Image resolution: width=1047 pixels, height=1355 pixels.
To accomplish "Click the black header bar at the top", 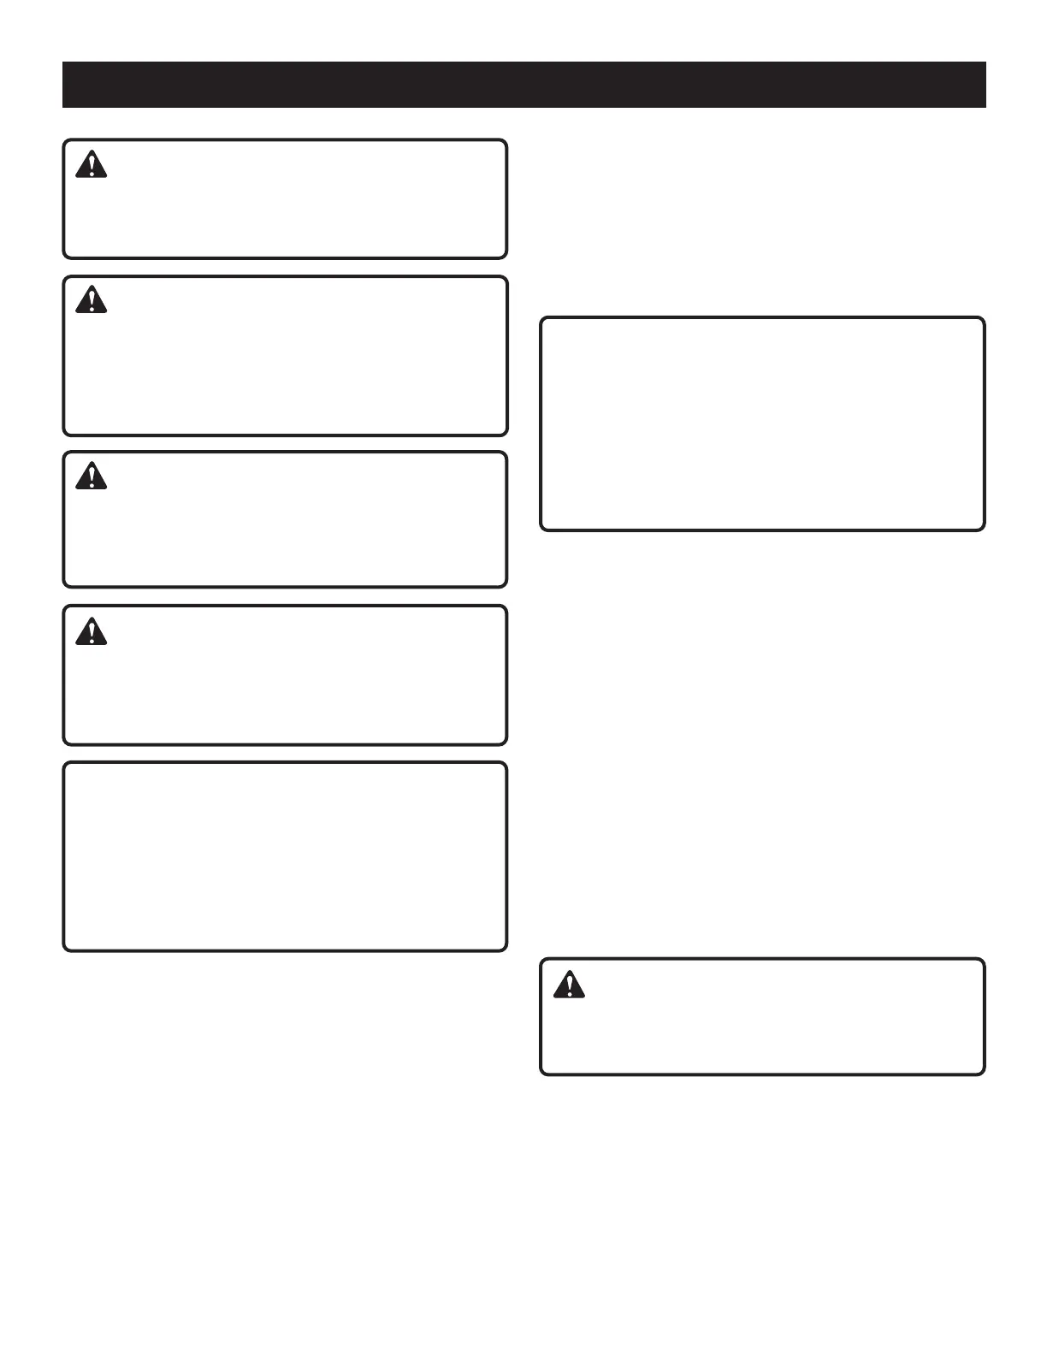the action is (523, 85).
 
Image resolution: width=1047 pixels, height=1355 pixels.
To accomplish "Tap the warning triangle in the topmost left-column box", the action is (92, 164).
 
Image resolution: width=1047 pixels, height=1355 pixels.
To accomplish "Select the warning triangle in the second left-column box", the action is (92, 300).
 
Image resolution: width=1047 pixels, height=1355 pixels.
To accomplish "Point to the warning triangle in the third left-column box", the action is (92, 476).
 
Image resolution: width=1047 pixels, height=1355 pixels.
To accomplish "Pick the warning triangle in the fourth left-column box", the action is (92, 631).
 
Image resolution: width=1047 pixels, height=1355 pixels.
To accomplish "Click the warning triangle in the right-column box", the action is (569, 985).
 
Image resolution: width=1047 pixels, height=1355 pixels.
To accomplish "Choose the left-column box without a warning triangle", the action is (285, 856).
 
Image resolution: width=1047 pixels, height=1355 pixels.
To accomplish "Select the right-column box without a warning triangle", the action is (762, 424).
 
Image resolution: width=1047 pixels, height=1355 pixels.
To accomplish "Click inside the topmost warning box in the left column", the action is (285, 199).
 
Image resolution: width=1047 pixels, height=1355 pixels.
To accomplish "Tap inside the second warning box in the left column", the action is (285, 356).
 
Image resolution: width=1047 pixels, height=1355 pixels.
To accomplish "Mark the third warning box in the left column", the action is (285, 519).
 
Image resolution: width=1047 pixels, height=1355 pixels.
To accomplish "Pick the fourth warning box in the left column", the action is (285, 675).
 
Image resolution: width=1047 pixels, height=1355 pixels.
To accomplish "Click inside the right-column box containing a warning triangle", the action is (762, 1016).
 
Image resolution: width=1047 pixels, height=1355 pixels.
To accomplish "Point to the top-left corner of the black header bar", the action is (63, 62).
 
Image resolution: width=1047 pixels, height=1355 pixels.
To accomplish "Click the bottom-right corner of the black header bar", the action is (985, 107).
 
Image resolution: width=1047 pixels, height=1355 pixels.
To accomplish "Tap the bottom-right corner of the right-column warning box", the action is (984, 1074).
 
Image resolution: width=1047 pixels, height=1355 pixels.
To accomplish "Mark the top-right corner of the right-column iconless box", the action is (984, 319).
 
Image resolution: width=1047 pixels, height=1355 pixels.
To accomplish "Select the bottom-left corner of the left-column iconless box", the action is (65, 950).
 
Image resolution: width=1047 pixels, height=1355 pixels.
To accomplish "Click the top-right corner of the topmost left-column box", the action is (506, 141).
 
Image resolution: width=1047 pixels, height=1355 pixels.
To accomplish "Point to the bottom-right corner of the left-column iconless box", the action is (506, 950).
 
